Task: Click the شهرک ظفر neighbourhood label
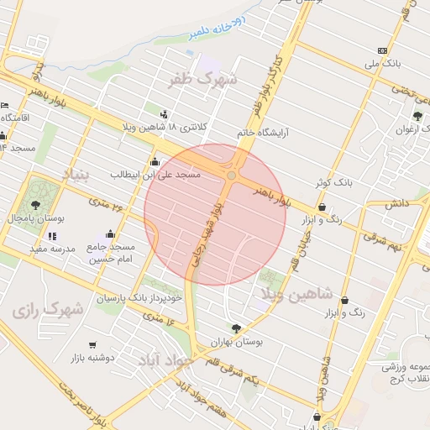coord(202,80)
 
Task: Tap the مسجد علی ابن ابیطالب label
coord(155,174)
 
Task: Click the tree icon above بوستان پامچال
coord(34,204)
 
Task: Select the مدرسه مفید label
coord(53,249)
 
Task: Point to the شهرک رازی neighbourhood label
coord(48,309)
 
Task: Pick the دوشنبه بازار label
coord(114,357)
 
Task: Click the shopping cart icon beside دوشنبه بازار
coord(92,344)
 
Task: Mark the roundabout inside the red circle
coord(231,175)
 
